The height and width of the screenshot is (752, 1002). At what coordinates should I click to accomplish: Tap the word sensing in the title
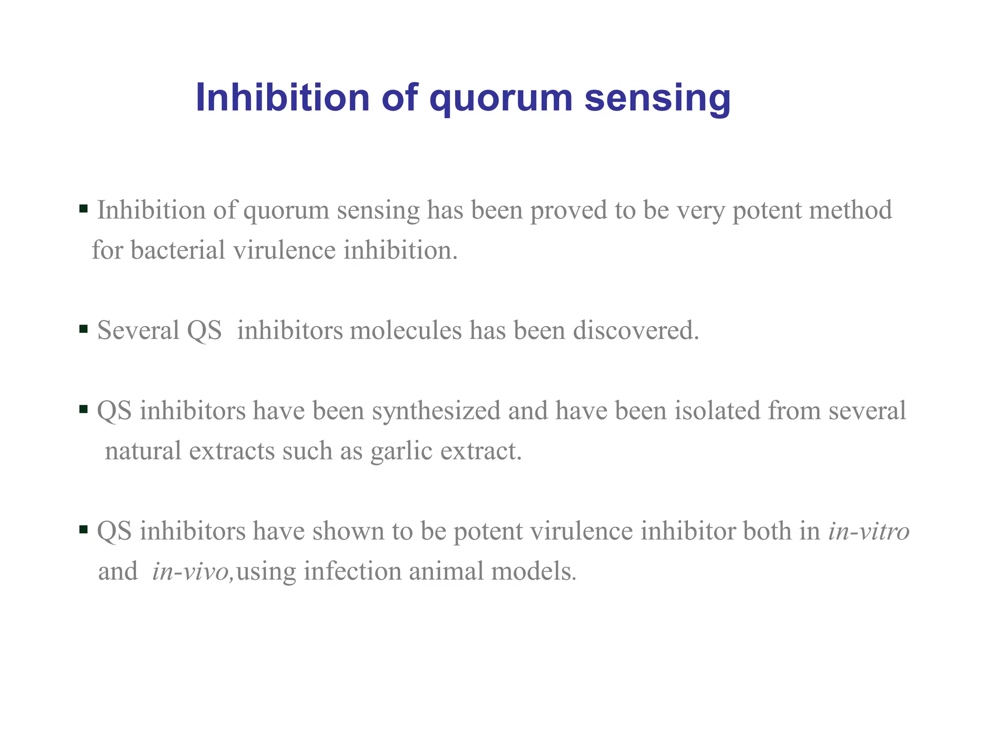[x=658, y=98]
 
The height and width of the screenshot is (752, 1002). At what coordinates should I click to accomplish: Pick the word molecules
[x=406, y=330]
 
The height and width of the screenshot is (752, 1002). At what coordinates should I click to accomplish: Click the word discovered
[x=636, y=330]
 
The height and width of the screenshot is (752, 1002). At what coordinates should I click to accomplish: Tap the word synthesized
[x=436, y=411]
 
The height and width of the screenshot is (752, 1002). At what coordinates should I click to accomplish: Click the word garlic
[x=402, y=451]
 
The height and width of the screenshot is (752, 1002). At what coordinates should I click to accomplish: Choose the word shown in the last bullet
[x=348, y=531]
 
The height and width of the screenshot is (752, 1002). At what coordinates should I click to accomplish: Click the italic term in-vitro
[x=868, y=531]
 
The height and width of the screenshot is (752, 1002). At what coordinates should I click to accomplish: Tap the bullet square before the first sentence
[x=83, y=209]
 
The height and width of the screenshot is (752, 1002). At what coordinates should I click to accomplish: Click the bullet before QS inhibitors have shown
[x=83, y=529]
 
